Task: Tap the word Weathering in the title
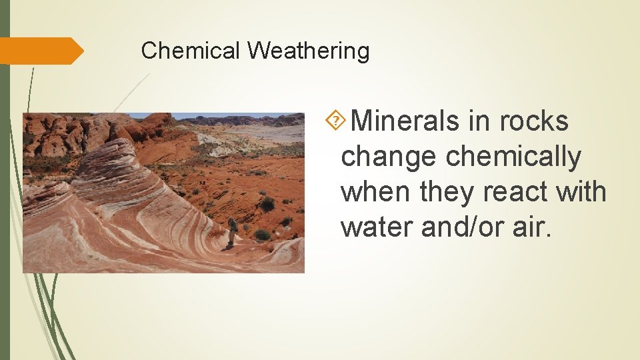[x=308, y=51]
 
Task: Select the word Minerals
[x=405, y=121]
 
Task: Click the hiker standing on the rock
[x=232, y=231]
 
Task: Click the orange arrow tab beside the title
[x=40, y=51]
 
